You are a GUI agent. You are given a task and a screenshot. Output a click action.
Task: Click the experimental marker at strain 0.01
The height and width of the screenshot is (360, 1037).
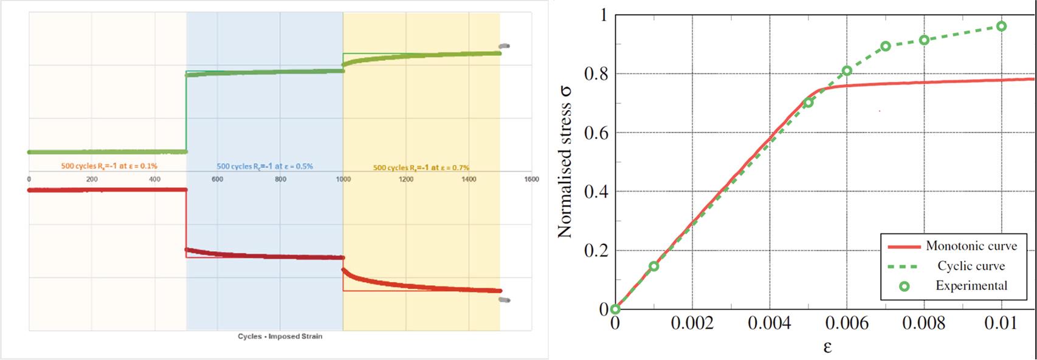tap(1001, 26)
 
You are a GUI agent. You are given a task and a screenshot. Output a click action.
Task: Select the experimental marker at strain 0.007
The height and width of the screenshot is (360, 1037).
tap(886, 46)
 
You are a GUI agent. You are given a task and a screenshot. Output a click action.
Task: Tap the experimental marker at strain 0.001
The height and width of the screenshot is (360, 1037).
tap(654, 266)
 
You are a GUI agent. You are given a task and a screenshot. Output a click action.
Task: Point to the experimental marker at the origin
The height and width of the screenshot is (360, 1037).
tap(615, 309)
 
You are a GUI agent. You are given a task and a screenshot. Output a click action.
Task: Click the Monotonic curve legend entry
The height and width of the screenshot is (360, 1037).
tap(971, 246)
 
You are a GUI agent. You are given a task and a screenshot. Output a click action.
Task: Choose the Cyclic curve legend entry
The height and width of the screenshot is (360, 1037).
tap(971, 266)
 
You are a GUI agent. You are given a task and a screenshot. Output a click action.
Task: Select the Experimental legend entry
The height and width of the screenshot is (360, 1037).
tap(971, 285)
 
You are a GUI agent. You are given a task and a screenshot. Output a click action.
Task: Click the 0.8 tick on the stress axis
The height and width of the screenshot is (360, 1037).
tap(596, 74)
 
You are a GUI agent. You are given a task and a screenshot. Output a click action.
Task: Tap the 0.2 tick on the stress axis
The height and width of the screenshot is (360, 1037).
tap(596, 251)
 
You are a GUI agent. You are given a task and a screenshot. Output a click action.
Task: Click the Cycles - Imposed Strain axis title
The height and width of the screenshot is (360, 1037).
tap(280, 336)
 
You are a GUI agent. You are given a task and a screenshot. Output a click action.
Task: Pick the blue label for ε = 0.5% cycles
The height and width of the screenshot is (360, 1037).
tap(265, 166)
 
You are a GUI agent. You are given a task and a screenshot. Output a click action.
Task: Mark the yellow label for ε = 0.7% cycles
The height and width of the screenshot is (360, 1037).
tap(421, 167)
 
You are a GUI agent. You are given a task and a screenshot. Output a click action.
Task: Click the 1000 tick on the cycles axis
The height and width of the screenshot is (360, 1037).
tap(343, 179)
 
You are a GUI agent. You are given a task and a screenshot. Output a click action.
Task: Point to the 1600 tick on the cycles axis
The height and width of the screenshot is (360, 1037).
tap(532, 179)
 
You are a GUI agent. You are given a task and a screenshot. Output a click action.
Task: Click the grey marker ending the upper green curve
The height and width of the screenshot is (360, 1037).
tap(504, 46)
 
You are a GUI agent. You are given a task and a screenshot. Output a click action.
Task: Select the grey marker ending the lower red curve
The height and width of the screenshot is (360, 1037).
tap(504, 300)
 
